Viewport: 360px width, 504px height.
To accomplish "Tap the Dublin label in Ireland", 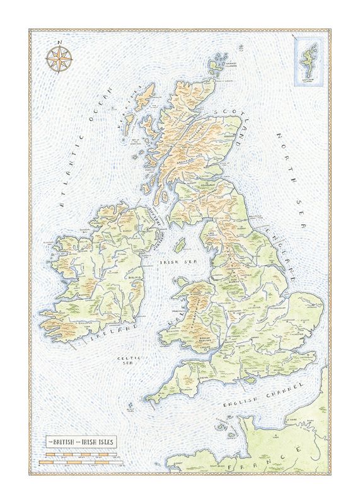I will pos(134,277).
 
